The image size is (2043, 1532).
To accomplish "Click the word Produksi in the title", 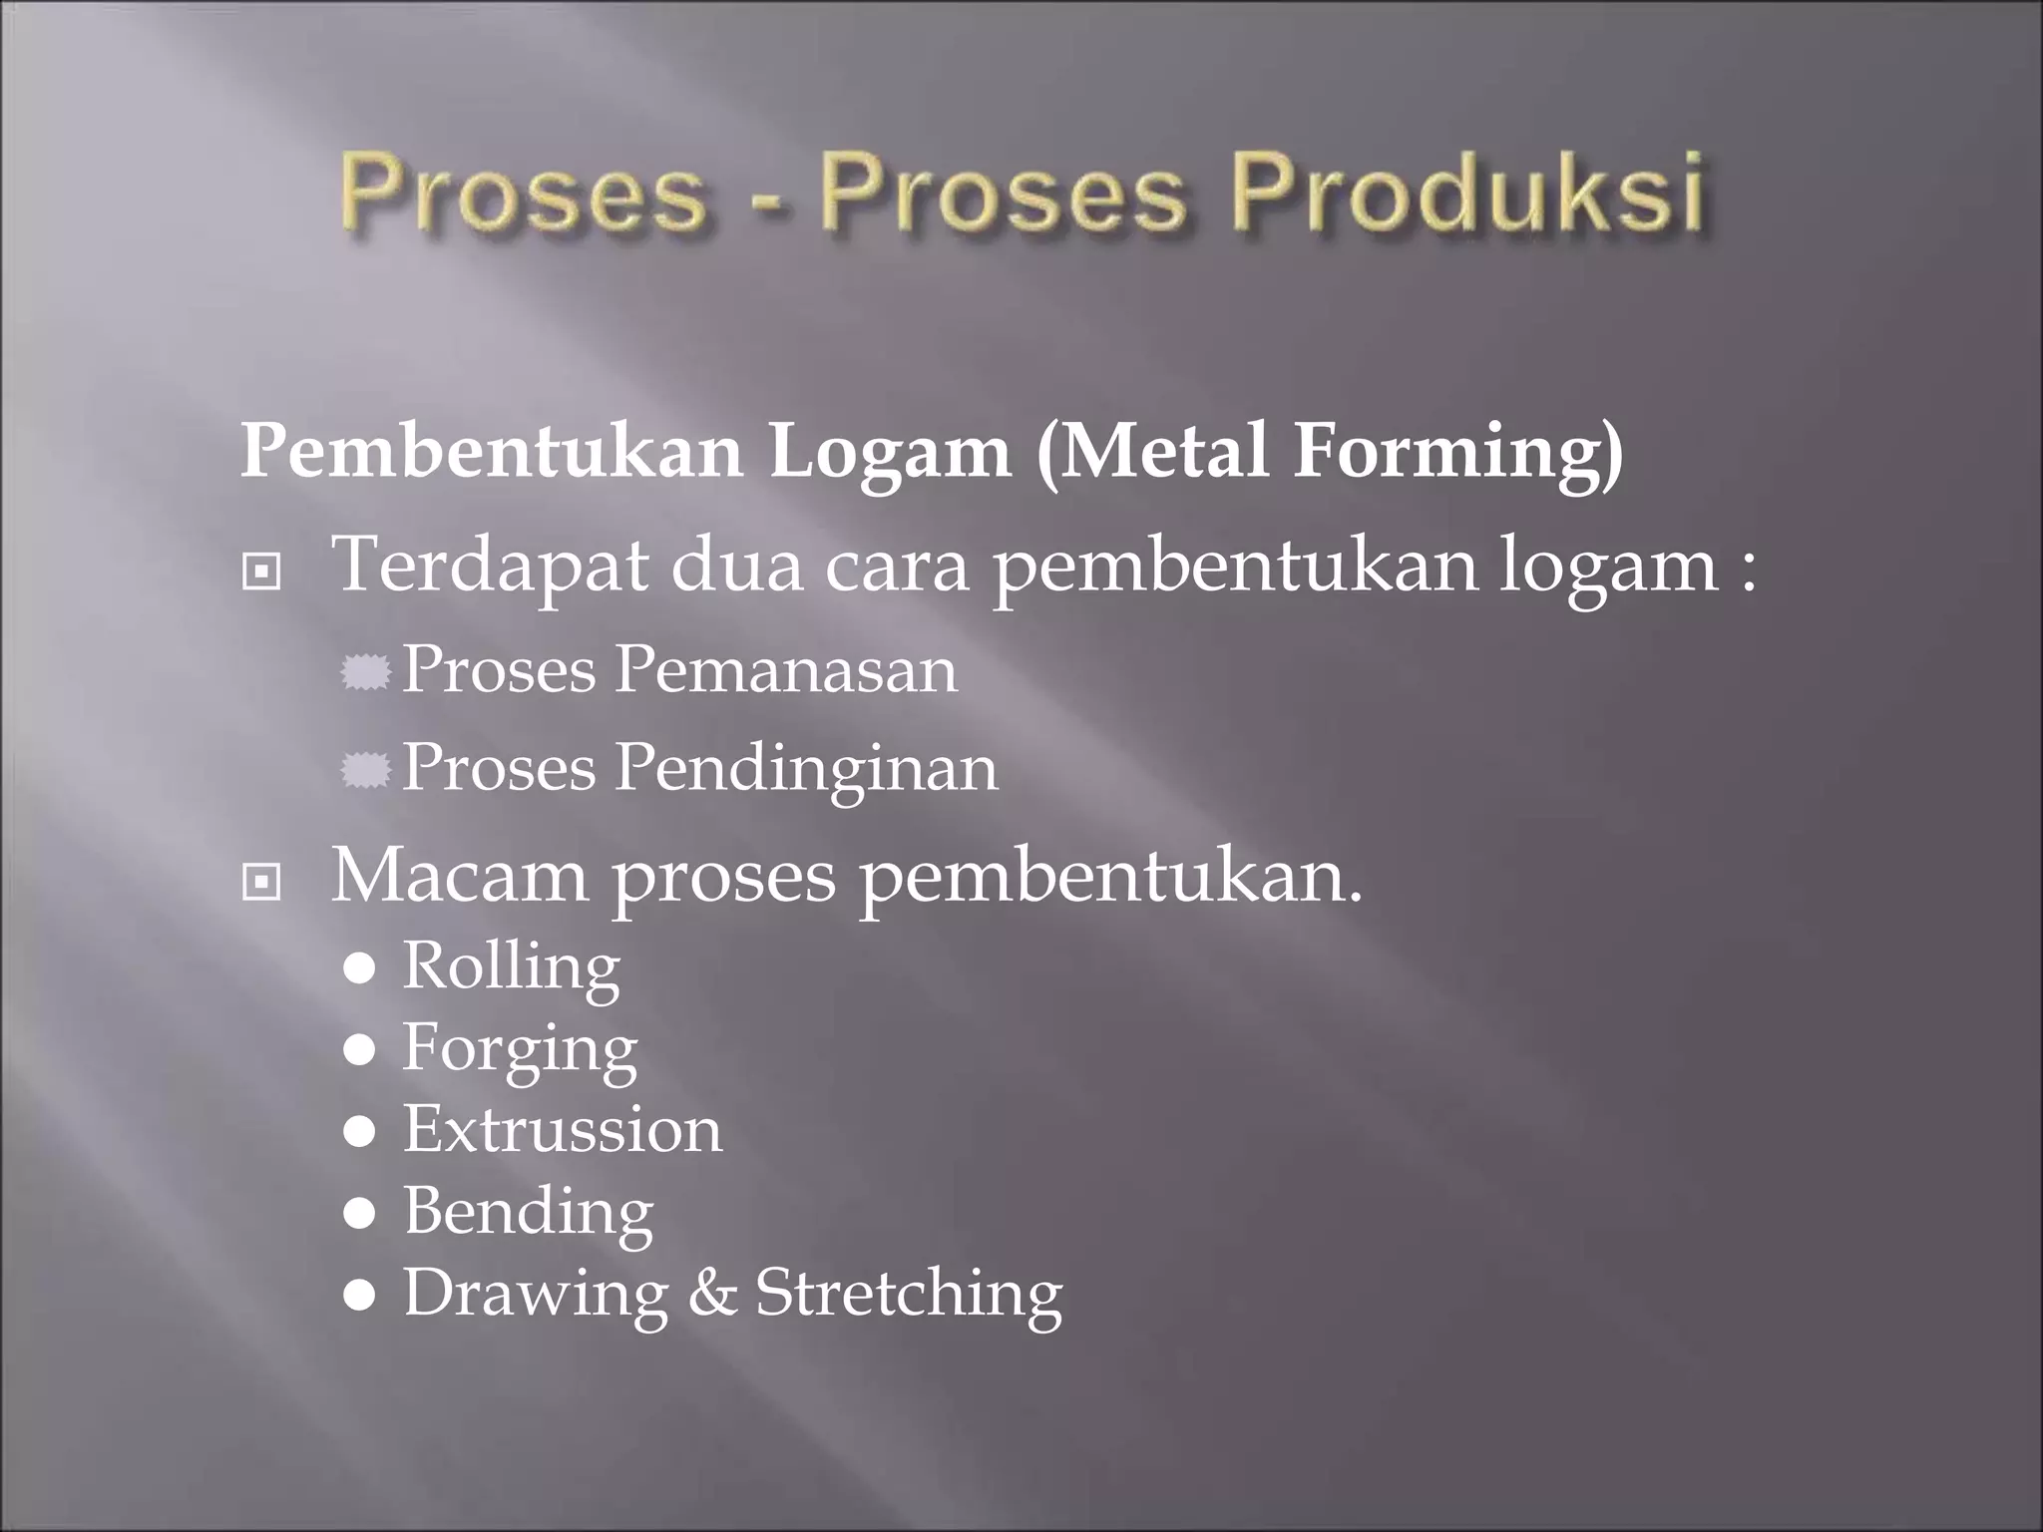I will click(1467, 192).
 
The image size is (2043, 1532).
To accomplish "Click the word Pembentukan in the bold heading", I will click(492, 452).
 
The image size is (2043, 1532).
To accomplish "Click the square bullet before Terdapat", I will click(261, 573).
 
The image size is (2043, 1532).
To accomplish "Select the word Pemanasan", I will click(785, 669).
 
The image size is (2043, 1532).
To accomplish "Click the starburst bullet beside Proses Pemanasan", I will click(364, 673).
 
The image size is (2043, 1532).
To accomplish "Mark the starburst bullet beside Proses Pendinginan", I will click(364, 771).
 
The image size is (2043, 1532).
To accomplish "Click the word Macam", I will click(460, 876).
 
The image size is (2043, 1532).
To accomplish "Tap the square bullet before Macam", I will click(261, 882).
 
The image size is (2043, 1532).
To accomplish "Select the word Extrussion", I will click(563, 1130).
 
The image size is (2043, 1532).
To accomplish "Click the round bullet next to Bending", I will click(359, 1214).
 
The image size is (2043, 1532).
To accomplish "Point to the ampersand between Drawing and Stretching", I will click(712, 1294).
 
